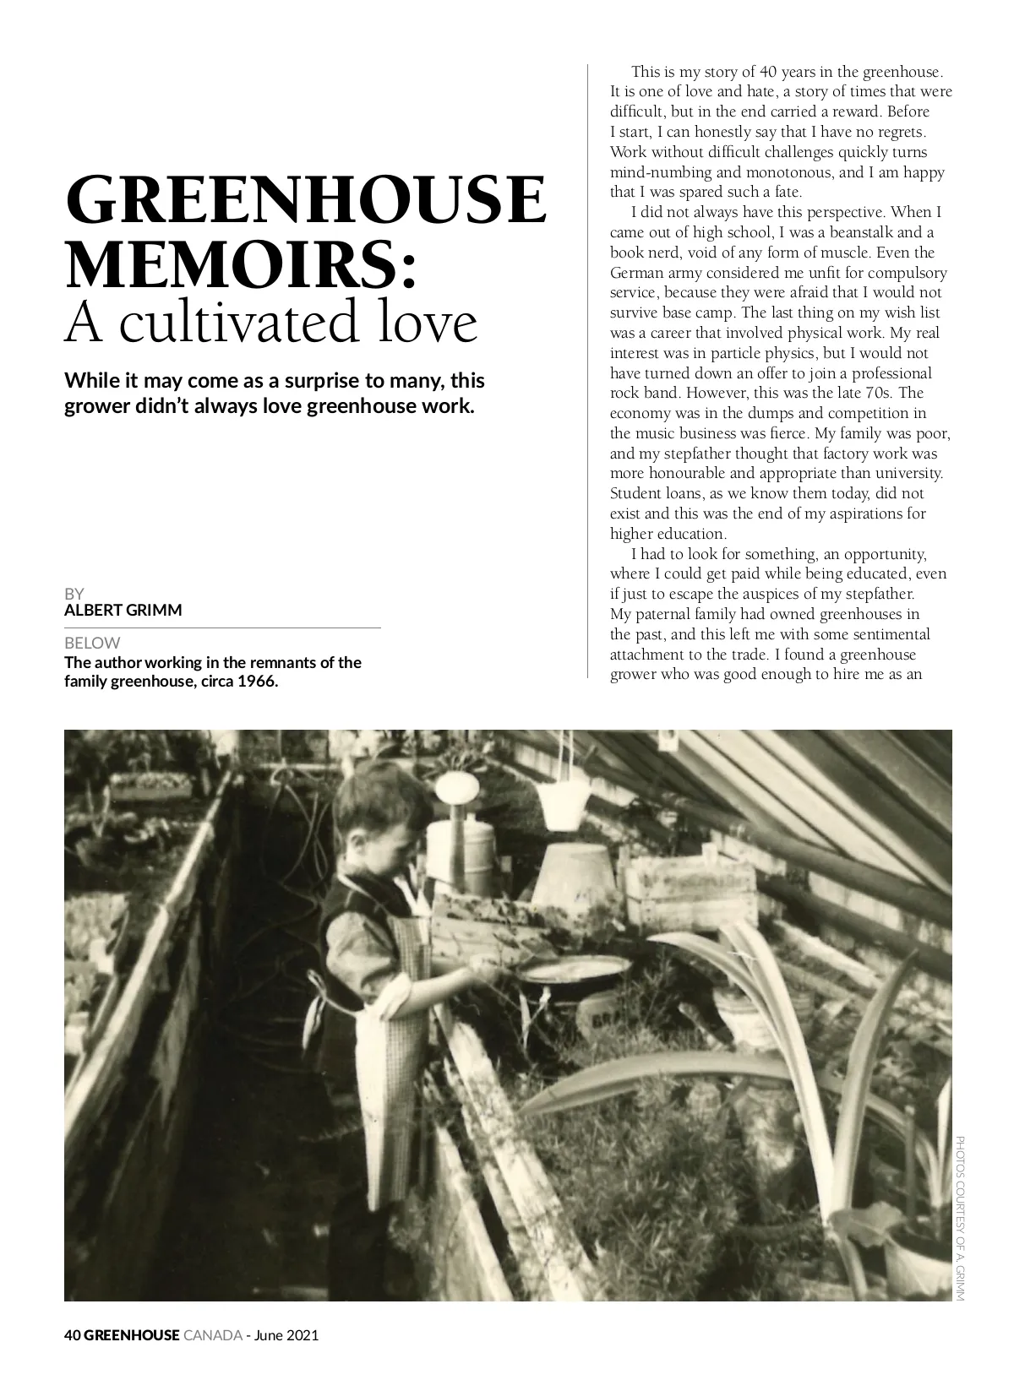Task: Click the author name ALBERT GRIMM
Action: [x=123, y=610]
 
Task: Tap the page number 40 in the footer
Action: [x=72, y=1335]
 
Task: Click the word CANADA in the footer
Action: [x=212, y=1335]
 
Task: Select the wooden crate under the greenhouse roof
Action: [x=691, y=887]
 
